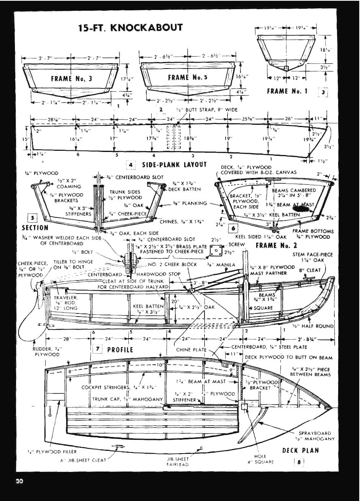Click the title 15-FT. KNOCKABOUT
(x=130, y=28)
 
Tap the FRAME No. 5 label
(x=188, y=78)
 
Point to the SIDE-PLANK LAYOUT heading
(x=174, y=165)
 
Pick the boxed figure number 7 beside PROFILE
(x=98, y=349)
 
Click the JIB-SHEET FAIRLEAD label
(x=177, y=461)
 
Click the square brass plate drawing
(x=216, y=251)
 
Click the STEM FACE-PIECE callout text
(x=313, y=257)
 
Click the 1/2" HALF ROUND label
(x=313, y=326)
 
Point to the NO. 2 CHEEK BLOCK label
(x=172, y=264)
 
